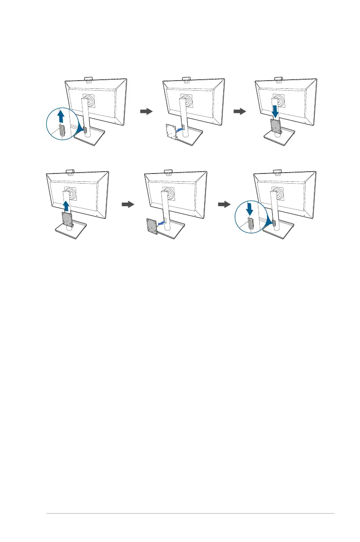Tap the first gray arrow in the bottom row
[x=128, y=204]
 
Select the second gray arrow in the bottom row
[x=224, y=204]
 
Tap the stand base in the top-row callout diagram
[x=91, y=138]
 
